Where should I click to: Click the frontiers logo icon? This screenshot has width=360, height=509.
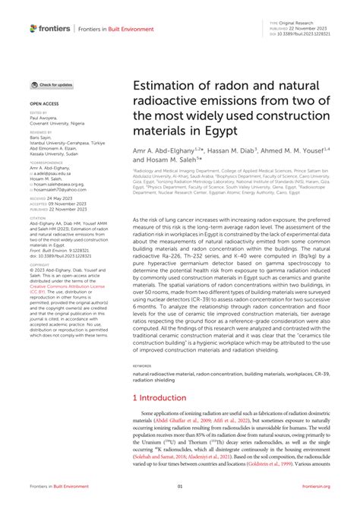pos(33,28)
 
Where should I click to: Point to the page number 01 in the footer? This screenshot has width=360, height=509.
pos(180,487)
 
